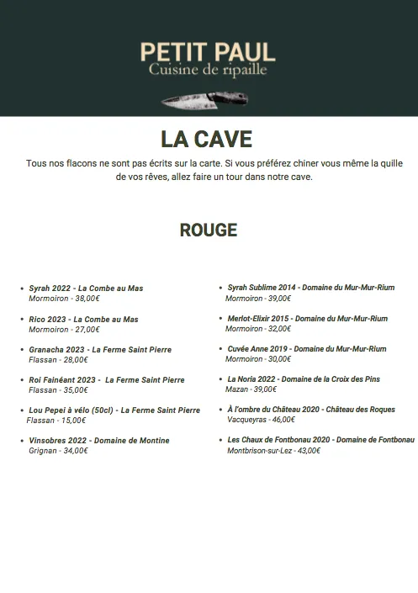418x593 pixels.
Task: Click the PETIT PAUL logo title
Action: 208,52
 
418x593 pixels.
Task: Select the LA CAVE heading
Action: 207,139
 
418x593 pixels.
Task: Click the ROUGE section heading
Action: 209,230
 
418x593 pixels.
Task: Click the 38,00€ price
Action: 87,299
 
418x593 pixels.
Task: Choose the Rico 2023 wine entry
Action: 83,320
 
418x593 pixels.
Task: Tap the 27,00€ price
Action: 87,330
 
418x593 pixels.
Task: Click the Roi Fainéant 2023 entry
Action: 106,380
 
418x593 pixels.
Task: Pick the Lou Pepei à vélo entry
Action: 114,410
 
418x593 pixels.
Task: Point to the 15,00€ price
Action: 73,421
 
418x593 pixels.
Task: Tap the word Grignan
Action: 43,451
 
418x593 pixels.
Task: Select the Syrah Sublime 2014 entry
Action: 311,288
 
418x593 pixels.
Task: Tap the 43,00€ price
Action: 310,451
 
